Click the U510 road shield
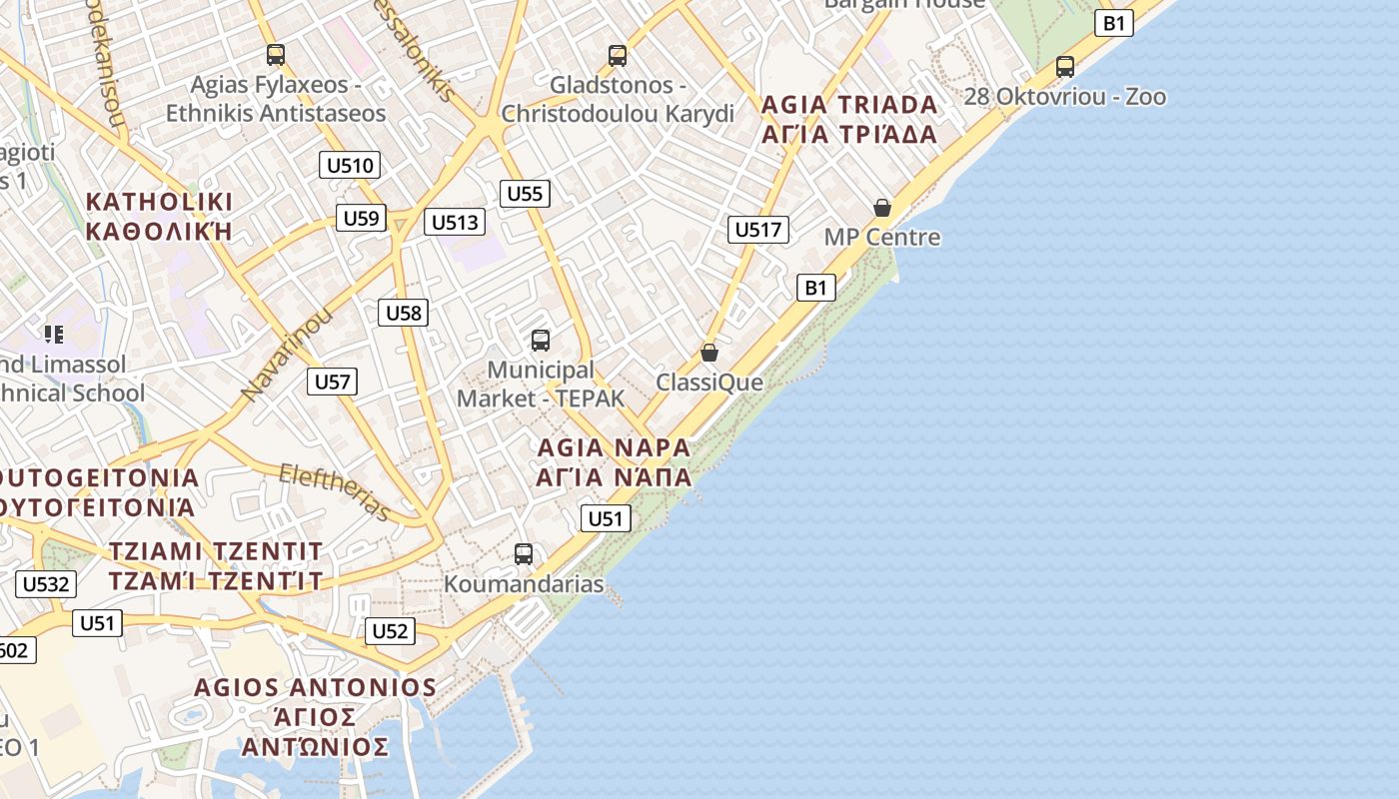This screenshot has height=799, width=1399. click(x=350, y=165)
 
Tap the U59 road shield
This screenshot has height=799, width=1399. click(x=361, y=218)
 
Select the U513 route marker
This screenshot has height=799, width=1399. click(x=455, y=222)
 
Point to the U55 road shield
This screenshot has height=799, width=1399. click(x=525, y=193)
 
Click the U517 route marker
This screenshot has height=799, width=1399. click(x=758, y=230)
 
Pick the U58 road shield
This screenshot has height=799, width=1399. click(x=404, y=313)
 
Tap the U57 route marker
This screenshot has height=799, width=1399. click(x=332, y=381)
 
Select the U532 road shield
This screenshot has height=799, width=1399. click(x=45, y=584)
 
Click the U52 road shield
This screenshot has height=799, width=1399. click(x=390, y=631)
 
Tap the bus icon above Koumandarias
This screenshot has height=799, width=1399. click(x=524, y=553)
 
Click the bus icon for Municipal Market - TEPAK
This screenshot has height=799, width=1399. click(x=541, y=341)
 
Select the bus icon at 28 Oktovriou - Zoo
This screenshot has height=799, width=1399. click(x=1065, y=67)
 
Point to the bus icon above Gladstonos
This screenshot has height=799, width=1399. click(x=618, y=55)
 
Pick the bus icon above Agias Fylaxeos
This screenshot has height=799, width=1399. click(x=276, y=55)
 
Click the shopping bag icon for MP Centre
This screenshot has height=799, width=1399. click(x=882, y=208)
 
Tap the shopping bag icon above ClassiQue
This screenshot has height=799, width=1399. click(x=709, y=353)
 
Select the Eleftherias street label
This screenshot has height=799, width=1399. click(x=335, y=491)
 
